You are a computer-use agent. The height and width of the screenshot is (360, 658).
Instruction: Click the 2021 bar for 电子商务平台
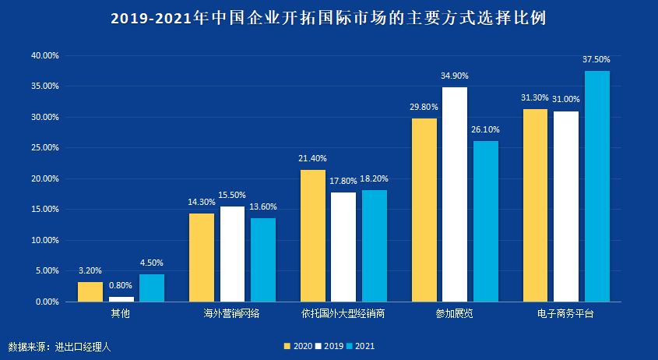point(597,186)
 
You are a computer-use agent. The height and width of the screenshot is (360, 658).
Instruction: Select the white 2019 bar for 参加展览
point(455,194)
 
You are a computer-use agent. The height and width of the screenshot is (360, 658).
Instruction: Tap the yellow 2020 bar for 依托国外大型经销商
point(313,235)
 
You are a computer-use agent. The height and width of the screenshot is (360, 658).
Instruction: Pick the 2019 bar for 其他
point(121,298)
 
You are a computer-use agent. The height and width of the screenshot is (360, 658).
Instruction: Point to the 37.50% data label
point(596,59)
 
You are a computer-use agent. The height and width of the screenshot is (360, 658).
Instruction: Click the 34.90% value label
point(455,76)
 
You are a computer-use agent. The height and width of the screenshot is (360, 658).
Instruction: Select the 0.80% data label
point(121,285)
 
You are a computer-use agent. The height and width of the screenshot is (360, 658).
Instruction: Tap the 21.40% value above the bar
point(312,158)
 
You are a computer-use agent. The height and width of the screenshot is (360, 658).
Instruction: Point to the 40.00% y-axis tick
point(44,56)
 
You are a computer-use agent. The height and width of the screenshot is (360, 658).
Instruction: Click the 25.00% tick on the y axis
point(44,148)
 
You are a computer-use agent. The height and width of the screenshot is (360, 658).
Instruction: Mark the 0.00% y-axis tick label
point(47,302)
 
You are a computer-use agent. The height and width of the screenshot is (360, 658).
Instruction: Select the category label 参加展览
point(455,314)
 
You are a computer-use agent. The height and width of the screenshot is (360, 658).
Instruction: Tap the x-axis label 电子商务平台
point(565,314)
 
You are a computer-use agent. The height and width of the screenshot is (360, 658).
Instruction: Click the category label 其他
point(121,314)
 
